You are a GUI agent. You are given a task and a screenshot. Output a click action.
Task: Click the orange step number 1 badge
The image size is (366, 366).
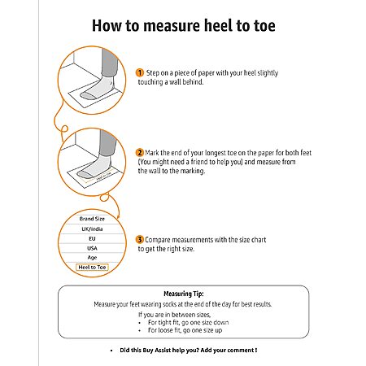[x=140, y=72]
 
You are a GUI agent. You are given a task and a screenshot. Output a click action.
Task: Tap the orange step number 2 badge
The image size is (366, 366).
[x=140, y=153]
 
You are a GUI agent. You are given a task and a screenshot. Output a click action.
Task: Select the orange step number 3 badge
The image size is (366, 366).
[x=140, y=240]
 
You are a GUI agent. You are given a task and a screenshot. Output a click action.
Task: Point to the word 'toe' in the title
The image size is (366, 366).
[x=264, y=26]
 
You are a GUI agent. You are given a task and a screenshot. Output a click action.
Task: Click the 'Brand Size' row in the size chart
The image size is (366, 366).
[x=92, y=219]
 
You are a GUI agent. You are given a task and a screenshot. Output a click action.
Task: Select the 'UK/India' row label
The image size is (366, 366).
[x=92, y=229]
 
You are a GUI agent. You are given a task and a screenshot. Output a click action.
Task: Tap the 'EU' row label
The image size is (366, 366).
[x=92, y=239]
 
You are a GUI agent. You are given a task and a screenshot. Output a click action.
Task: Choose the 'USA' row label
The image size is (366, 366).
[x=92, y=248]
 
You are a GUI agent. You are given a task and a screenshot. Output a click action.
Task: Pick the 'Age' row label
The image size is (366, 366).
[x=92, y=258]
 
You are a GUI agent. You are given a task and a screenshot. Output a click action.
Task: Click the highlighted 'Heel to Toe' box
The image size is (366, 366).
[x=92, y=268]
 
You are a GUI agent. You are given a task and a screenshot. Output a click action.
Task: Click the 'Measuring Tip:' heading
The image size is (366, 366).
[x=184, y=294]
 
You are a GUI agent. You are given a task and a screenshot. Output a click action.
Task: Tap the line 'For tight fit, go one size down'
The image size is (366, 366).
[x=188, y=323]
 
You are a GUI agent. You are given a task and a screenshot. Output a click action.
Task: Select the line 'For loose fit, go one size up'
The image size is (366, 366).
[x=185, y=330]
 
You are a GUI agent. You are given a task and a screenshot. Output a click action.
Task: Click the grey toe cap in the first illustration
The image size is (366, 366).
[x=87, y=95]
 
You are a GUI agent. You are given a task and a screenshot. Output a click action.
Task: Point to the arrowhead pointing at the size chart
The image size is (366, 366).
[x=118, y=216]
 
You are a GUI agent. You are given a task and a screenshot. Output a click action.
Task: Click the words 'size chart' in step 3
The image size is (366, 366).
[x=253, y=240]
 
